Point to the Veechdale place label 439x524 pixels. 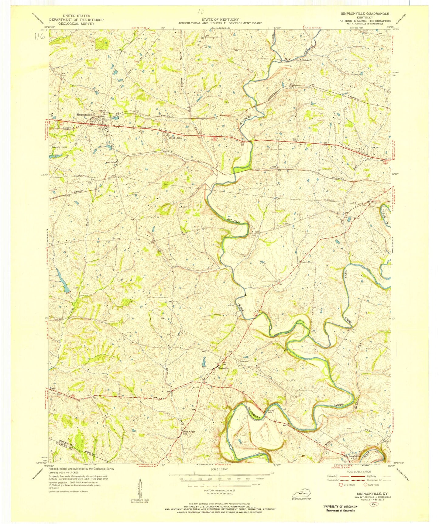click(111, 162)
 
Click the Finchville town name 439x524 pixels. click(223, 368)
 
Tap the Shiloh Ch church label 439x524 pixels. click(307, 60)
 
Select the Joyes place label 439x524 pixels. click(274, 167)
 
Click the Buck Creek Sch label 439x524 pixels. click(189, 433)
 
